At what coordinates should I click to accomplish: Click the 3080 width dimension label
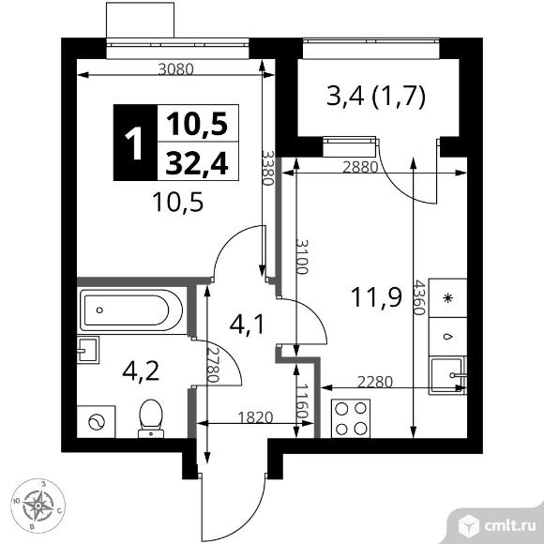pyautogui.click(x=175, y=69)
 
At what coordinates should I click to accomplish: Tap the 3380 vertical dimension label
pyautogui.click(x=268, y=168)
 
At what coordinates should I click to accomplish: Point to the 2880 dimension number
pyautogui.click(x=360, y=168)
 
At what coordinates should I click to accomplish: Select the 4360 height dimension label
pyautogui.click(x=418, y=297)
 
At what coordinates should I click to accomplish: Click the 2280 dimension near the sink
pyautogui.click(x=375, y=382)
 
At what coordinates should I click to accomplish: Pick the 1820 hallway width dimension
pyautogui.click(x=256, y=417)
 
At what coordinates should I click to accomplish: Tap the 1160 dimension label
pyautogui.click(x=303, y=401)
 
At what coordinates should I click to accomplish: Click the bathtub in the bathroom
pyautogui.click(x=131, y=310)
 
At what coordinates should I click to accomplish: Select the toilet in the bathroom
pyautogui.click(x=151, y=418)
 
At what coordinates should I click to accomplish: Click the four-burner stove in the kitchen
pyautogui.click(x=351, y=418)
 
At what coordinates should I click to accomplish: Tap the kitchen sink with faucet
pyautogui.click(x=447, y=375)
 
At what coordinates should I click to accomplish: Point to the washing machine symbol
pyautogui.click(x=96, y=422)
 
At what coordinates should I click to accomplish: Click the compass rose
pyautogui.click(x=38, y=506)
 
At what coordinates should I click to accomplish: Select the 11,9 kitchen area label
pyautogui.click(x=376, y=297)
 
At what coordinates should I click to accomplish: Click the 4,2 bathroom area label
pyautogui.click(x=141, y=370)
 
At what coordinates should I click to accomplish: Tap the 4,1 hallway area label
pyautogui.click(x=248, y=325)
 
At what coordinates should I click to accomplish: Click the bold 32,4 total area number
pyautogui.click(x=197, y=163)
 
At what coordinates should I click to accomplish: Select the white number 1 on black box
pyautogui.click(x=133, y=143)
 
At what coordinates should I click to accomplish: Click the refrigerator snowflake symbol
pyautogui.click(x=448, y=298)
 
